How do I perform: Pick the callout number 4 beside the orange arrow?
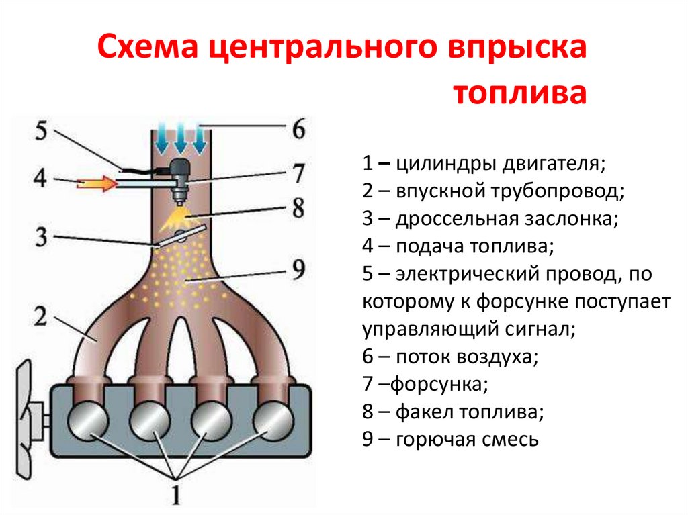[x=42, y=181]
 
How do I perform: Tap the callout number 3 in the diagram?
[x=42, y=236]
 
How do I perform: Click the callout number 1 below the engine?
[x=176, y=495]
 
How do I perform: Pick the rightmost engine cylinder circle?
[x=271, y=421]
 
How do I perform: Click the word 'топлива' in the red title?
[x=518, y=92]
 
